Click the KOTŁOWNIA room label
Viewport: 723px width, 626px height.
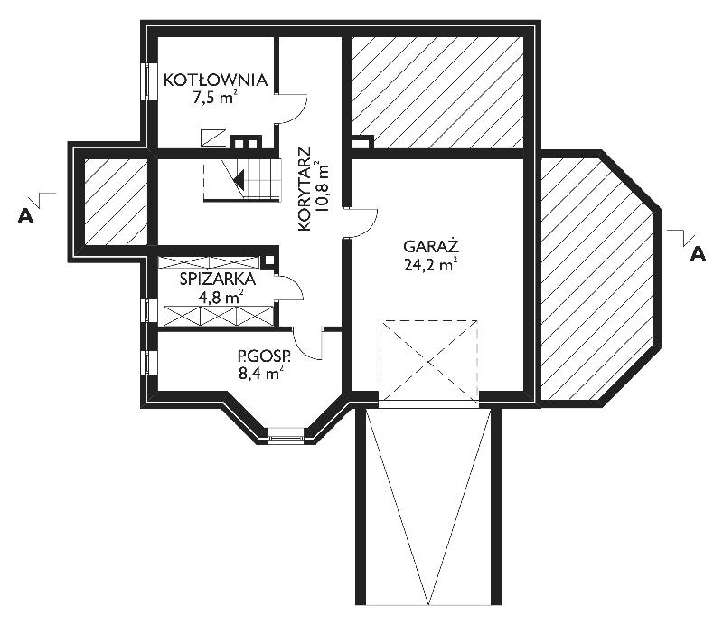click(215, 80)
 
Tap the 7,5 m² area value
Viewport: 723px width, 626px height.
click(215, 98)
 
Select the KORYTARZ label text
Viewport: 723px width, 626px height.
click(305, 189)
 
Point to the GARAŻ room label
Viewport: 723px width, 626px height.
click(431, 246)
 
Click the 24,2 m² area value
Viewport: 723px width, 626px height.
click(431, 265)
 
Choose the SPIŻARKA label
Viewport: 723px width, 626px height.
click(217, 280)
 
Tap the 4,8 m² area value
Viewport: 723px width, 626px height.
click(221, 298)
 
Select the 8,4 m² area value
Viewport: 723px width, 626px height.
click(260, 373)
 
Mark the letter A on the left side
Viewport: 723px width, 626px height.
click(26, 215)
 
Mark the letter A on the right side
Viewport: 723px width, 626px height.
click(698, 253)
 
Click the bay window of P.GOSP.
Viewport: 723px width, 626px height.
click(286, 435)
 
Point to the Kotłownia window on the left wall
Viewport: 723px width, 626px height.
click(146, 81)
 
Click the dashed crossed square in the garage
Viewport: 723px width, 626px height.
click(428, 361)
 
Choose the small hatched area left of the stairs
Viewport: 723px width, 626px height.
click(116, 202)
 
